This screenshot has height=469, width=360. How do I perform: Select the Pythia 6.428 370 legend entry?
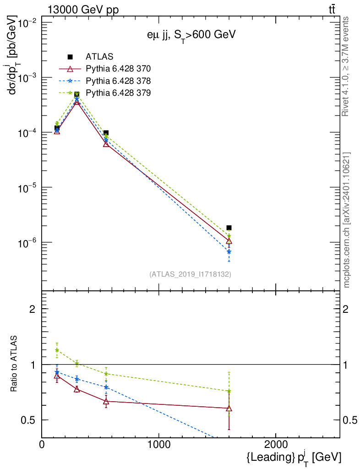118,69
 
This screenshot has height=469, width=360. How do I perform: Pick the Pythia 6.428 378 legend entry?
118,81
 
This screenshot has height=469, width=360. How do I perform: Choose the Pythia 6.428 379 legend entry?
118,93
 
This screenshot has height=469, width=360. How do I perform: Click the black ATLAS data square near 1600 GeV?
229,228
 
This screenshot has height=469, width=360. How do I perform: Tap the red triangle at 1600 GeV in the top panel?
229,241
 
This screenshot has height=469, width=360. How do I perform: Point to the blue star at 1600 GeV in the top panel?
229,251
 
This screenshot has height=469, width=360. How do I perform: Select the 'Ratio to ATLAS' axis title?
15,364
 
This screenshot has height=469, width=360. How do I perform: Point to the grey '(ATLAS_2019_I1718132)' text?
190,274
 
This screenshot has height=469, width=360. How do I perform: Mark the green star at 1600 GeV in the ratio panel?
229,391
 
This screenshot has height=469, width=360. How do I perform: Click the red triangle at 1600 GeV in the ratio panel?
229,408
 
